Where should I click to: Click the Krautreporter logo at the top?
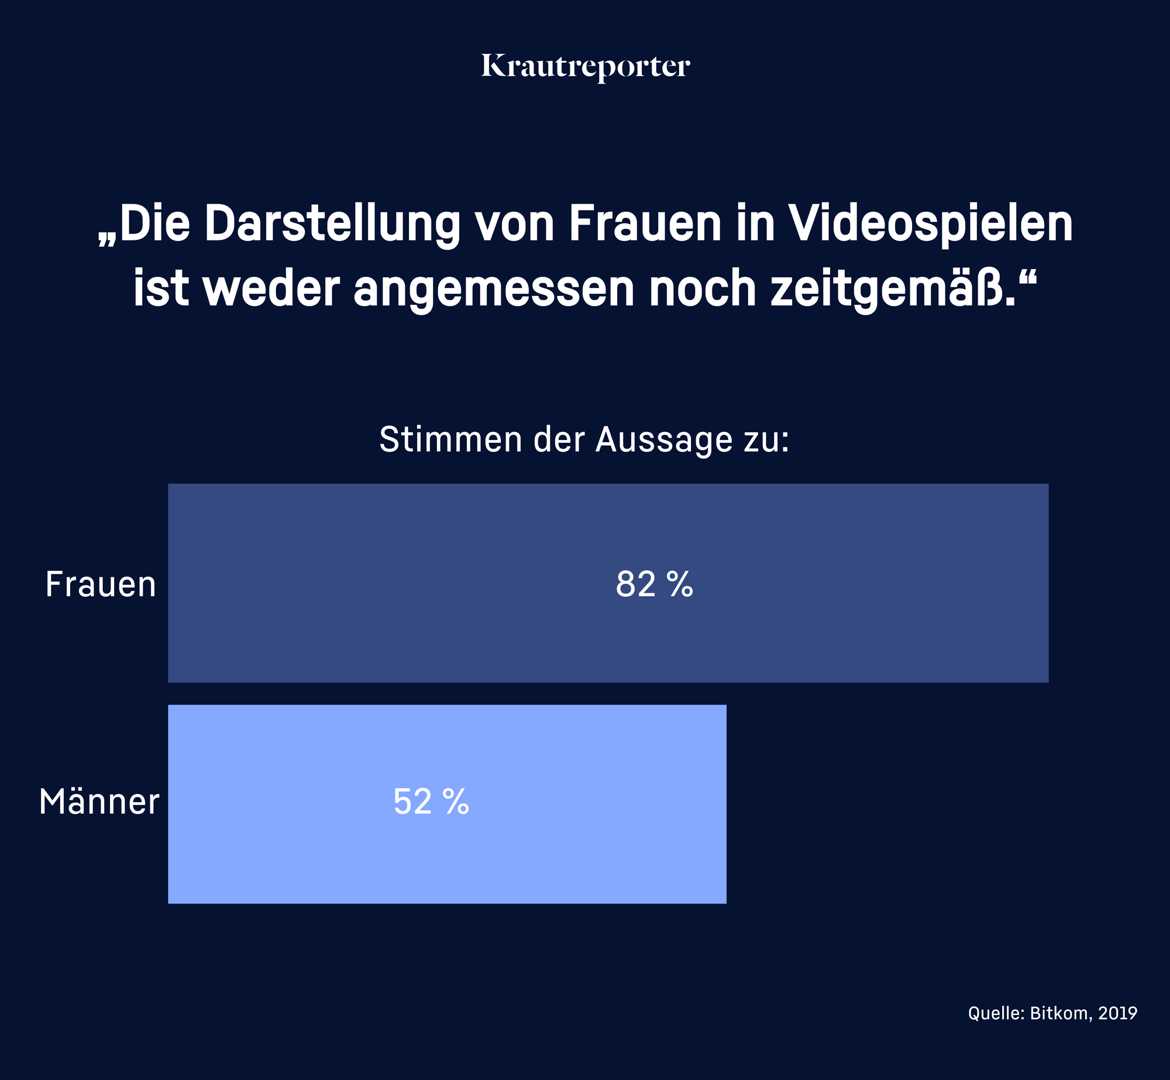point(585,66)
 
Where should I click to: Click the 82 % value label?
point(654,584)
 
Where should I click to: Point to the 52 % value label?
point(431,802)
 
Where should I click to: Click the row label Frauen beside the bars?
point(101,584)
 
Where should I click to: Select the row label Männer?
point(99,802)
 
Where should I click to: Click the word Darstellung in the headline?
point(332,224)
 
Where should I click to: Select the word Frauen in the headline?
point(645,224)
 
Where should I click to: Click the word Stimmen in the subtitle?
point(450,439)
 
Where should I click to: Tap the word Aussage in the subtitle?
point(663,441)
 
